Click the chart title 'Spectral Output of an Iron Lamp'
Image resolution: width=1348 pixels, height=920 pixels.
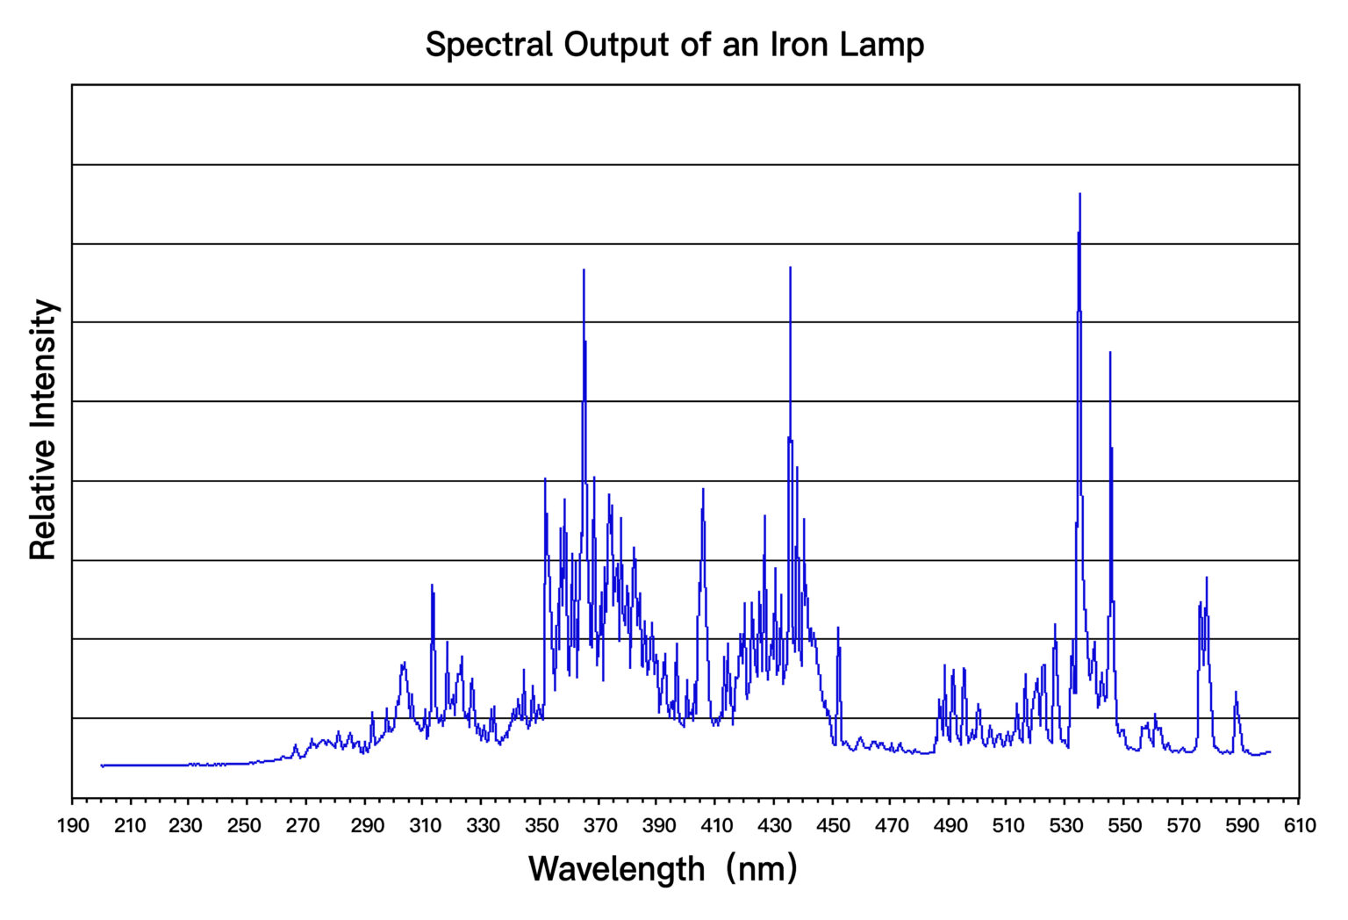point(674,44)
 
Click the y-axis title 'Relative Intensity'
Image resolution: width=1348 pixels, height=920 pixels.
point(43,429)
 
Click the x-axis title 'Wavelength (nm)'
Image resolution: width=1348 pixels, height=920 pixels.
point(663,869)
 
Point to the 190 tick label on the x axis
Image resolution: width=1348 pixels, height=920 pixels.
point(73,826)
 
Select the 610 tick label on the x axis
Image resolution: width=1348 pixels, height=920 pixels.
point(1300,826)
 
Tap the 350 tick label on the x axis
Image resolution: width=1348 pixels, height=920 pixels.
point(541,826)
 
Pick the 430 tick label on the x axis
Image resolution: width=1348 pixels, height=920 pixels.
point(775,826)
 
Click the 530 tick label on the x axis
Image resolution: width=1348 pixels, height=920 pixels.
point(1066,826)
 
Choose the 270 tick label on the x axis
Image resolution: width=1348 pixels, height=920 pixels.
point(303,826)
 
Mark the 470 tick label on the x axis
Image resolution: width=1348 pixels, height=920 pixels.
point(892,826)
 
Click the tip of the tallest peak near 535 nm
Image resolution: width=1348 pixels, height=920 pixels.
point(1079,194)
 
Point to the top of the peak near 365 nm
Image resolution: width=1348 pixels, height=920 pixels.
point(584,270)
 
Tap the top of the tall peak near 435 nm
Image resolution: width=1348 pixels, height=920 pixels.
point(790,267)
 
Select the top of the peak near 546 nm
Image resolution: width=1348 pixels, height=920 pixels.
point(1110,352)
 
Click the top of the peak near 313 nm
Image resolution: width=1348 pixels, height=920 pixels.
point(432,585)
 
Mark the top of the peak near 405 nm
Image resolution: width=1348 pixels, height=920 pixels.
point(703,489)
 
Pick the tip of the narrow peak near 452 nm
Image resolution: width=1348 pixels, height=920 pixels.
point(838,628)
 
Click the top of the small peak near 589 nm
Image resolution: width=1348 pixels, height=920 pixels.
point(1236,692)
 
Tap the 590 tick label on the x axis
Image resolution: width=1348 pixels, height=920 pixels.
point(1241,826)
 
